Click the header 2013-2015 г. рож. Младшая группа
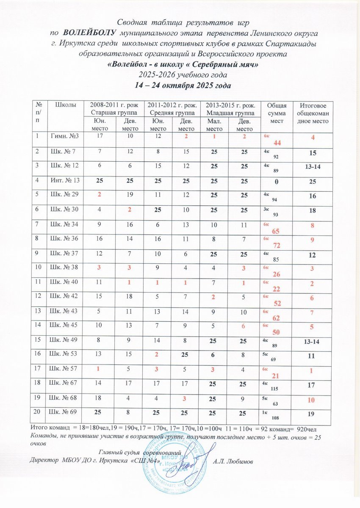click(x=230, y=109)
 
